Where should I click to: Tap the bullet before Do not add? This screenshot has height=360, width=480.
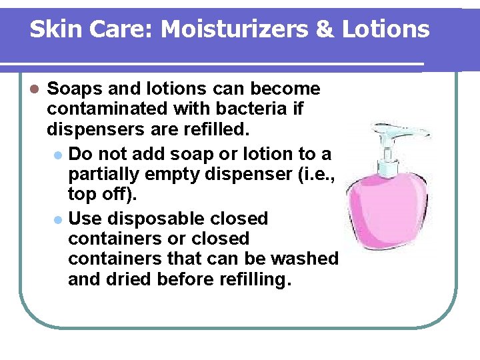59,155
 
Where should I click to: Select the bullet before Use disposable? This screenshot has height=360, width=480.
59,219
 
